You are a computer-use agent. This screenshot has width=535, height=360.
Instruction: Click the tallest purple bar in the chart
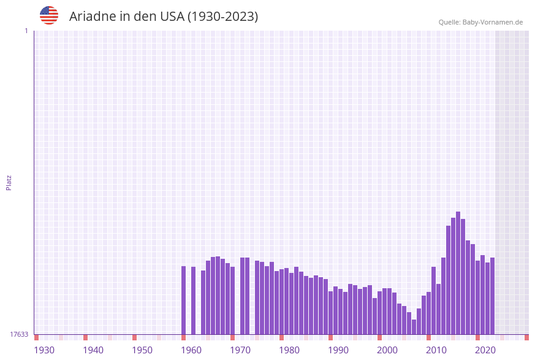pyautogui.click(x=458, y=273)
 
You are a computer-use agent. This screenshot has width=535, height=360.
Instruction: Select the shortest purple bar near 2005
pyautogui.click(x=414, y=327)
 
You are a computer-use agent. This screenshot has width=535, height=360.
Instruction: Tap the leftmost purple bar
pyautogui.click(x=183, y=300)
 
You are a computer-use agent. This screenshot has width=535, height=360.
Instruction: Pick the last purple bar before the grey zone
pyautogui.click(x=492, y=296)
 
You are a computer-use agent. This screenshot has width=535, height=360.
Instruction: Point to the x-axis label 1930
pyautogui.click(x=44, y=350)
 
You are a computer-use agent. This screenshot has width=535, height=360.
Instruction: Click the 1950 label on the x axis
pyautogui.click(x=142, y=350)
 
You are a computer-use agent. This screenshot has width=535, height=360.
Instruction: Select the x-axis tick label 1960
pyautogui.click(x=191, y=350)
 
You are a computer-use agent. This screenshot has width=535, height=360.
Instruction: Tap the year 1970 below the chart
pyautogui.click(x=240, y=350)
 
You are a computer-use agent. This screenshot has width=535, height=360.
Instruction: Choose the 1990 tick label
pyautogui.click(x=338, y=350)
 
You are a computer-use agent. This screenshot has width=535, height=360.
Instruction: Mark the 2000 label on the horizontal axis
pyautogui.click(x=387, y=350)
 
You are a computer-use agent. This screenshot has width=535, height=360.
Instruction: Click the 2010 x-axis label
pyautogui.click(x=436, y=350)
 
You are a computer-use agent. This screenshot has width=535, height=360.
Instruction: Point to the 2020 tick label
pyautogui.click(x=485, y=350)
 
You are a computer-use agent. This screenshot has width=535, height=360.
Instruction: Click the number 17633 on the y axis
pyautogui.click(x=19, y=334)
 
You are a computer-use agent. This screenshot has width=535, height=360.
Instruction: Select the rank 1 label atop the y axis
pyautogui.click(x=26, y=31)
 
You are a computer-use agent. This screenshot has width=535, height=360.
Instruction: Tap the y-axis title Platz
pyautogui.click(x=9, y=182)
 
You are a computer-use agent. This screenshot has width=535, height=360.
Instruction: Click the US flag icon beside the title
pyautogui.click(x=49, y=15)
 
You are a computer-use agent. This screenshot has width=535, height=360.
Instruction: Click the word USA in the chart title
pyautogui.click(x=172, y=17)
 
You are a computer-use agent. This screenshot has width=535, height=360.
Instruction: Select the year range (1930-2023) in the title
pyautogui.click(x=222, y=17)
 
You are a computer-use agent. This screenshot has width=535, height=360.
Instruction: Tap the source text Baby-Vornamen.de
pyautogui.click(x=493, y=22)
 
